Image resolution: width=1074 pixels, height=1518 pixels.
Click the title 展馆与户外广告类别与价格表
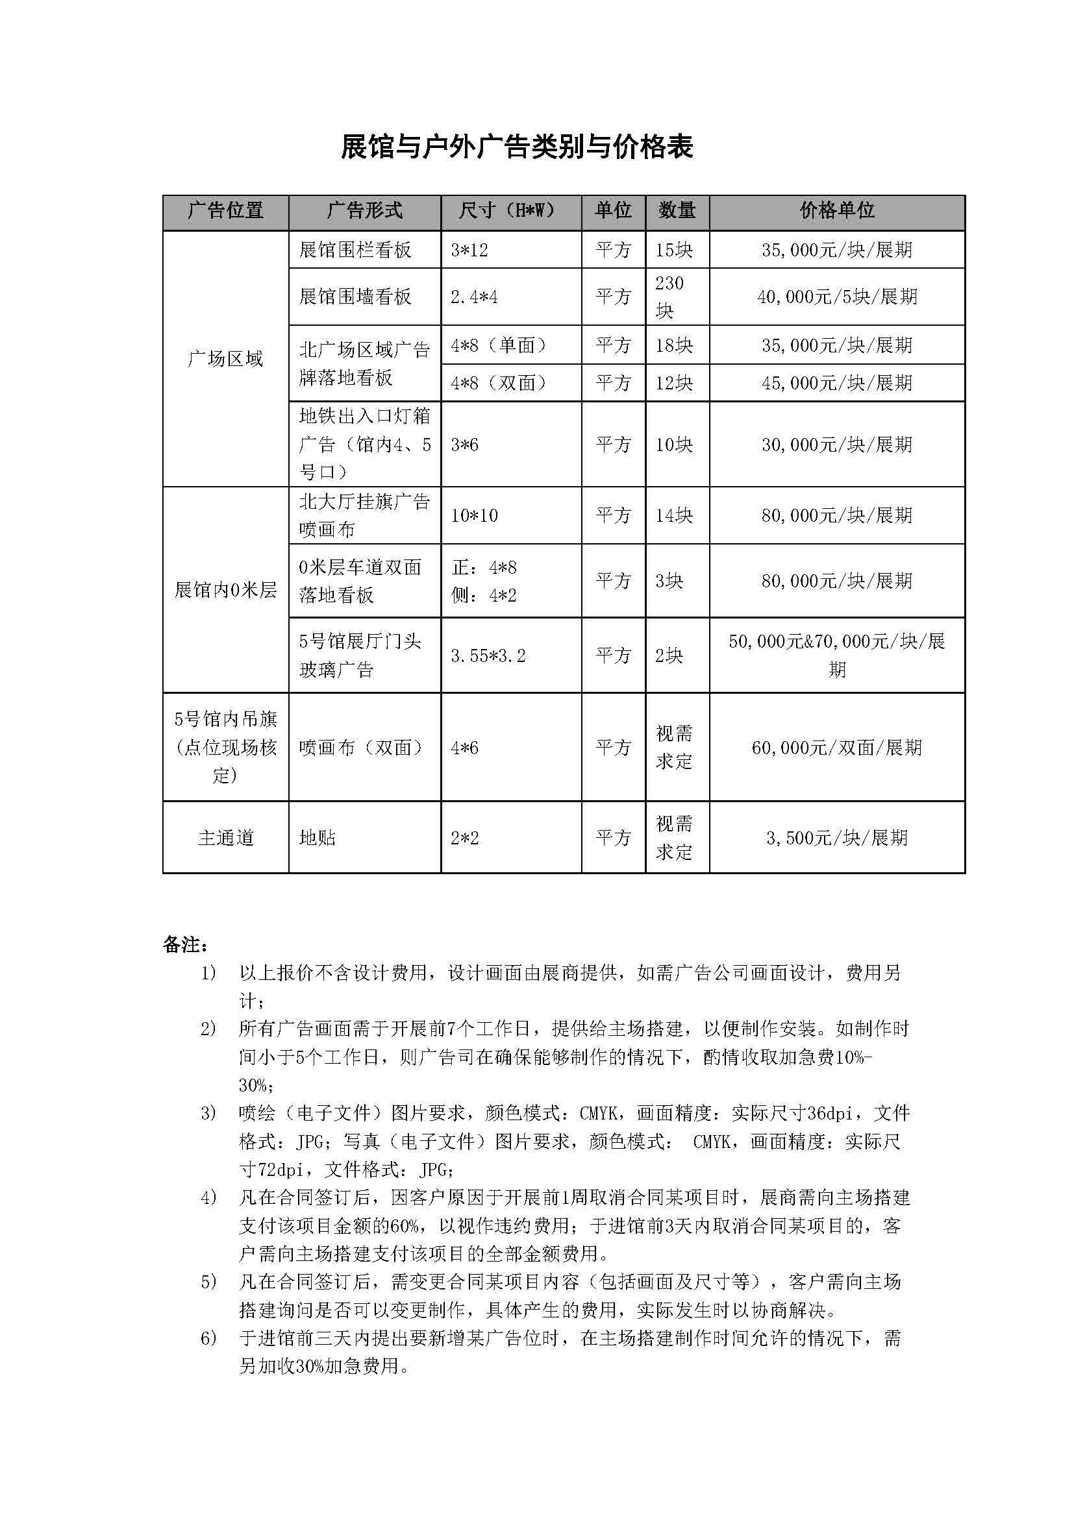click(x=516, y=147)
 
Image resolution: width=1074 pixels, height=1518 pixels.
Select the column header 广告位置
click(x=225, y=211)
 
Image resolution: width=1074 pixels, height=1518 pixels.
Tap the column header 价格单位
click(x=836, y=211)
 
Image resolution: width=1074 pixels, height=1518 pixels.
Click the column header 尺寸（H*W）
click(x=510, y=211)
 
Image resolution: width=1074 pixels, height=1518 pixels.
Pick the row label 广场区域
click(x=225, y=359)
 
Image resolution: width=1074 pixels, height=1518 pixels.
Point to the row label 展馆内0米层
click(x=225, y=590)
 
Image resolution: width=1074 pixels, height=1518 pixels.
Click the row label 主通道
click(x=225, y=838)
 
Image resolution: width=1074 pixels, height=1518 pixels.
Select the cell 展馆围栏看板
click(x=355, y=250)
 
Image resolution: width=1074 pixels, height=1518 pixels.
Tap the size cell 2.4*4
click(x=474, y=297)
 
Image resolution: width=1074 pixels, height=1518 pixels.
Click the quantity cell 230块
click(x=669, y=297)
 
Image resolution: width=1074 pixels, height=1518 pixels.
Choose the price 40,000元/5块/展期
click(x=836, y=297)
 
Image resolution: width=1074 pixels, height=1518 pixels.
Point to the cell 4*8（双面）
click(x=500, y=383)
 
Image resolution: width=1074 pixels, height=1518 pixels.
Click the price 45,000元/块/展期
click(x=836, y=383)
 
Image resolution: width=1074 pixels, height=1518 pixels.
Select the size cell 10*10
click(x=474, y=516)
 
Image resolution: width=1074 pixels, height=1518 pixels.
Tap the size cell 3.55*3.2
click(x=488, y=656)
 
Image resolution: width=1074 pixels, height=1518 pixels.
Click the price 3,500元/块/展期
click(x=836, y=838)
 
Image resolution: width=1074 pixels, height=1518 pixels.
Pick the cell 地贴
click(x=318, y=838)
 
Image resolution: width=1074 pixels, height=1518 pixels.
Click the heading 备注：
click(x=186, y=945)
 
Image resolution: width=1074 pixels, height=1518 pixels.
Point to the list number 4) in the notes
click(x=208, y=1197)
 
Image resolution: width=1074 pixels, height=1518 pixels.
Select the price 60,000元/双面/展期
click(x=836, y=748)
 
